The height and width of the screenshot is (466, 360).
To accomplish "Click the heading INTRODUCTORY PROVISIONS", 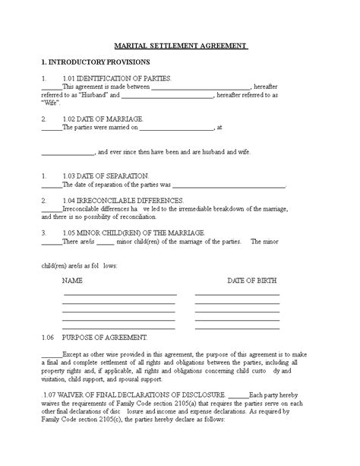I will tap(99, 61).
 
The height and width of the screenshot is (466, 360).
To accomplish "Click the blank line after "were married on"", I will tap(176, 128).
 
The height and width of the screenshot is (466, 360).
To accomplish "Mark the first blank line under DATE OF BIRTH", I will tap(237, 293).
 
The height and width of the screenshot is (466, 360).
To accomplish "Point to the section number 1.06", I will tap(47, 336).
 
